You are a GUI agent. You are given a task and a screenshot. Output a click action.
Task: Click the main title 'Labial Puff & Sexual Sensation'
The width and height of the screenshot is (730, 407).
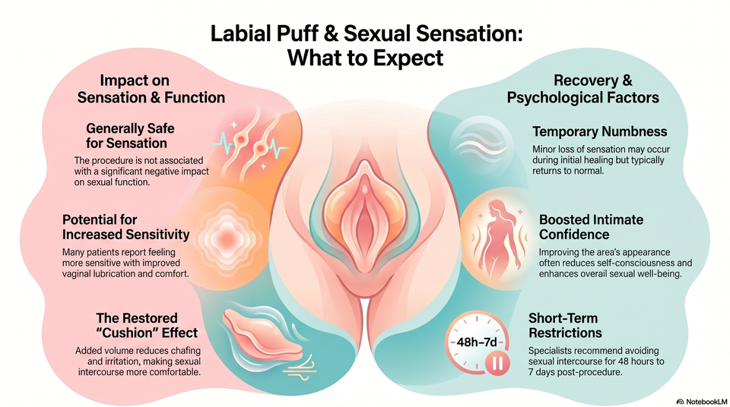[x=367, y=34]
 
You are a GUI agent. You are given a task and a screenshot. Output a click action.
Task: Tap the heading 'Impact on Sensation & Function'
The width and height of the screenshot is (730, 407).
[x=151, y=89]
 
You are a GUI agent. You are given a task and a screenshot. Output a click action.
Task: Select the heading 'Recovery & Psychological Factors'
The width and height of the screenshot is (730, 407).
[x=583, y=89]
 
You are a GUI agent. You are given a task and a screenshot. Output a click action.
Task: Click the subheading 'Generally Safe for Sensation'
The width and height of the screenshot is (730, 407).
[x=130, y=135]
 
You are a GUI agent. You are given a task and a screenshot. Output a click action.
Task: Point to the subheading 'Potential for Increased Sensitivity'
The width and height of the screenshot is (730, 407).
[x=125, y=226]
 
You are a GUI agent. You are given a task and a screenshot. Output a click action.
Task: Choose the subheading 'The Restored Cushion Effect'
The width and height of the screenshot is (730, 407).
[x=147, y=325]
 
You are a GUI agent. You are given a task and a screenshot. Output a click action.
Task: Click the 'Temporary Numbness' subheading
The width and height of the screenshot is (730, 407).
[x=600, y=131]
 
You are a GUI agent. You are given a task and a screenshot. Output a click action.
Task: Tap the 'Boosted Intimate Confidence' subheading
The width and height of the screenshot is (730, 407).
[x=592, y=226]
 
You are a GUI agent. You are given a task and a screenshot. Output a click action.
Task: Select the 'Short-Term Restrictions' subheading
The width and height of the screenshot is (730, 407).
[x=565, y=325]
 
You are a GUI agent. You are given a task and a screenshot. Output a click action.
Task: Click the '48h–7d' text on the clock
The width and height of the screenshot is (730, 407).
[x=477, y=342]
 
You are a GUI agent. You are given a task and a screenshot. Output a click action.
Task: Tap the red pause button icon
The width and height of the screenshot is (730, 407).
[x=497, y=363]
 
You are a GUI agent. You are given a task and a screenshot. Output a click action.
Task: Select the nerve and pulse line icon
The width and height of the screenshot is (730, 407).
[x=252, y=143]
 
